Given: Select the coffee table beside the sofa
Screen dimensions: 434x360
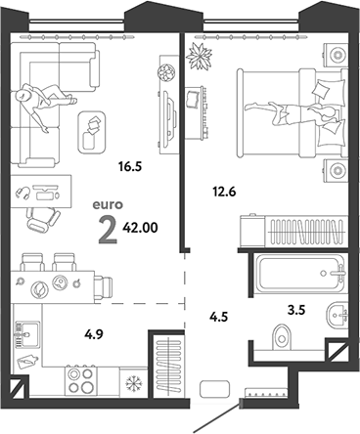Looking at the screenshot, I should click(94, 129).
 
